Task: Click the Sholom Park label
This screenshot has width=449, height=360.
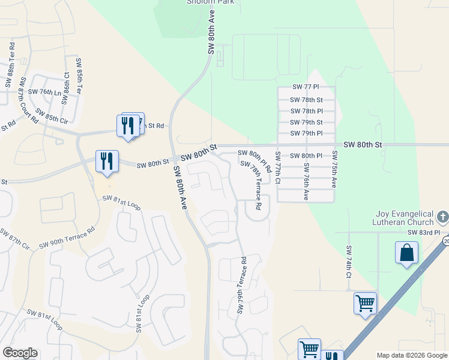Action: coord(209,2)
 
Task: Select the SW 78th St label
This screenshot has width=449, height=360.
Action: coord(306,100)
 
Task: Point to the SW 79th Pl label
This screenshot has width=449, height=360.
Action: coord(306,133)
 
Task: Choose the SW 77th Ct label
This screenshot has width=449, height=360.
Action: coord(277,169)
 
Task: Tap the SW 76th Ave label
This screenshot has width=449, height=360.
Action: coord(306,181)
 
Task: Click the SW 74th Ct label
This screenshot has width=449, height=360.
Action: coord(348,262)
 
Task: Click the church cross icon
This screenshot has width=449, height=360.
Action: coord(442,217)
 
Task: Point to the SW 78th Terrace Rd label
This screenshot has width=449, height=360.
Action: coord(252,184)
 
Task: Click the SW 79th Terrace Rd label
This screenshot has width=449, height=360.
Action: coord(242,285)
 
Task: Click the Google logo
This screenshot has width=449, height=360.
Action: coord(20,353)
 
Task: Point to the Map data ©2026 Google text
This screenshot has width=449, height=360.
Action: coord(412,355)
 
